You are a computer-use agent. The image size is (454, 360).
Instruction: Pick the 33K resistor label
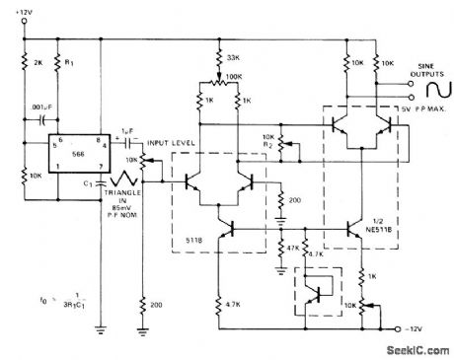point(233,56)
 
